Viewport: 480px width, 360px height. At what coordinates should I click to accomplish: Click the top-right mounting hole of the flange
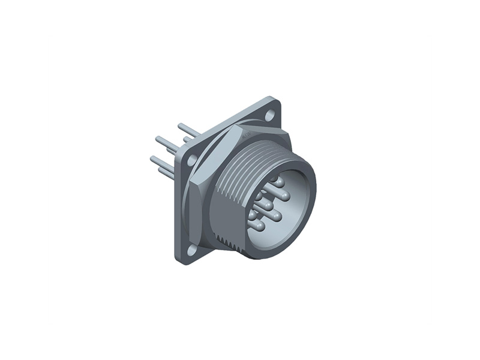pos(270,113)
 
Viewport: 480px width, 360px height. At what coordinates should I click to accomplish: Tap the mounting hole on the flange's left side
pos(191,160)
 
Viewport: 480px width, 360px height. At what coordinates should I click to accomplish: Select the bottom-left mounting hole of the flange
pos(191,251)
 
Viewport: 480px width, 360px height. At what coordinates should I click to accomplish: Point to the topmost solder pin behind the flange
pos(187,129)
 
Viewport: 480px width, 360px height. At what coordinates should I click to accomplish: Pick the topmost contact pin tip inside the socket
pos(274,179)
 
